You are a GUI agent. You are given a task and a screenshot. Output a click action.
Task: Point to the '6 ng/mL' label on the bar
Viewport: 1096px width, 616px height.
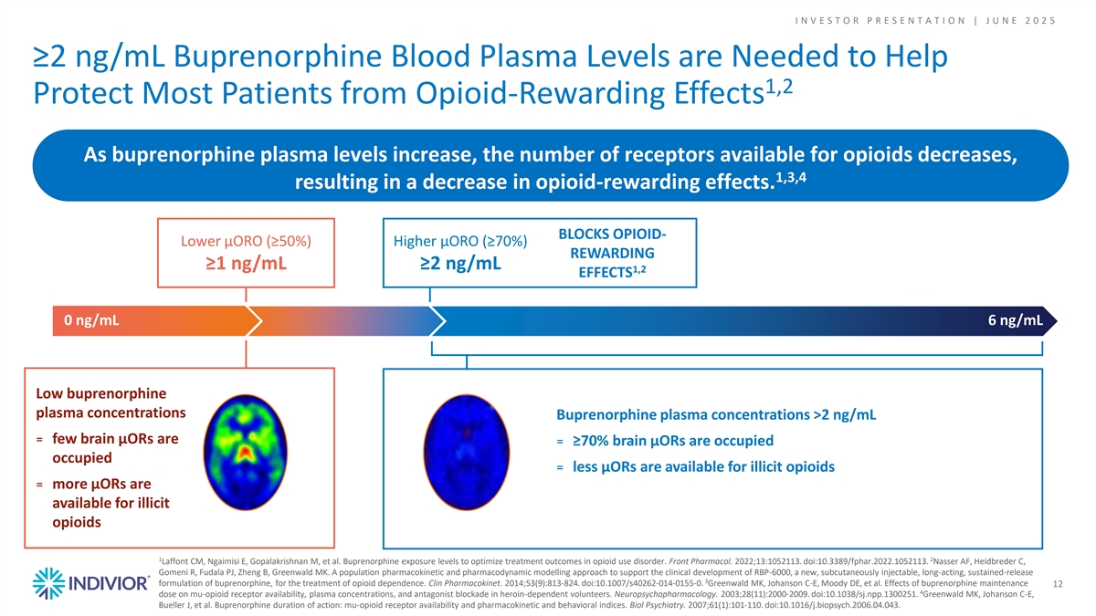coord(1015,319)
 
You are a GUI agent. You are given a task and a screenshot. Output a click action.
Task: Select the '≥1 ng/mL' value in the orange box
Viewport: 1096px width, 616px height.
coord(247,265)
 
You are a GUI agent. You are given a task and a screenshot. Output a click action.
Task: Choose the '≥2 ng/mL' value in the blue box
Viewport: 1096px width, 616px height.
coord(459,265)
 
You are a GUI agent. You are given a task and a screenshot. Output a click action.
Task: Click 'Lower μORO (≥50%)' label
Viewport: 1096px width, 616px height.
coord(247,241)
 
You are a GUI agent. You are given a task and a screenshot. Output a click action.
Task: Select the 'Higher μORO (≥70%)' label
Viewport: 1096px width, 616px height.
coord(459,241)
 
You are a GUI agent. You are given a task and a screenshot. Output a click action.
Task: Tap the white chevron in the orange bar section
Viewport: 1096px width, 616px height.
coord(257,319)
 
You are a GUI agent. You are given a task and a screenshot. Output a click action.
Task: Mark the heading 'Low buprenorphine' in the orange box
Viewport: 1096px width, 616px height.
coord(100,393)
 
